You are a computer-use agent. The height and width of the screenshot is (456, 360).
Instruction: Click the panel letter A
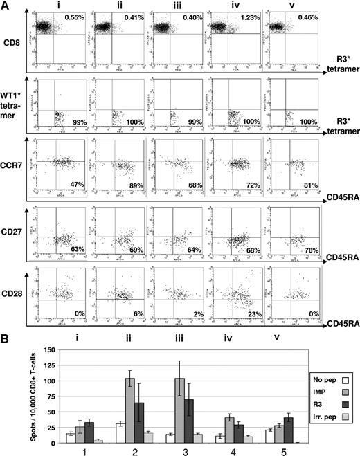(6, 6)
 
